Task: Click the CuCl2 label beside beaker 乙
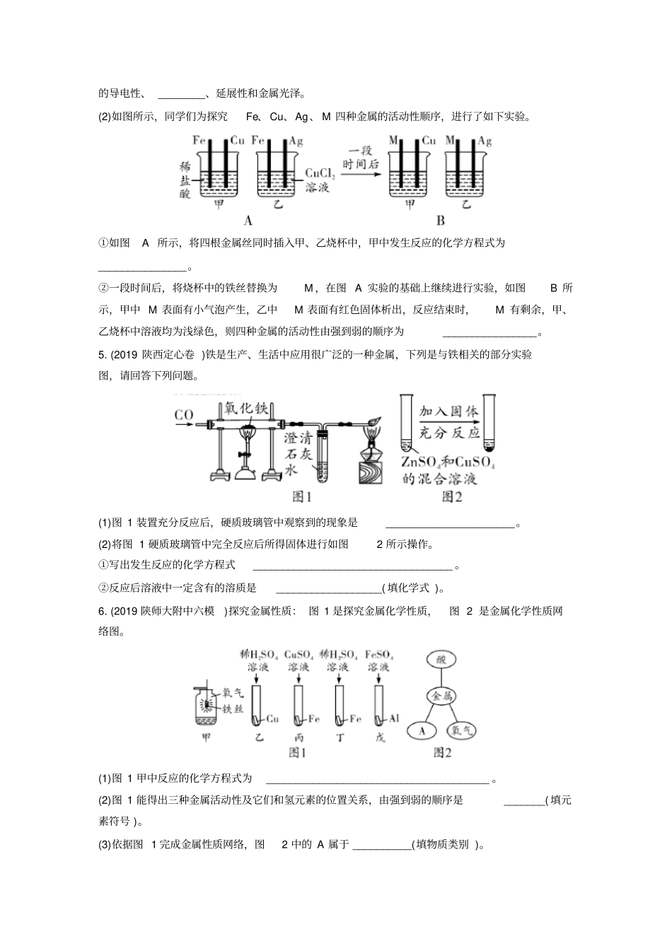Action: [x=319, y=173]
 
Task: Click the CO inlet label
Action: [x=183, y=415]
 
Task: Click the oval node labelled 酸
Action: [x=442, y=659]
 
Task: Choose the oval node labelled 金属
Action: [x=442, y=696]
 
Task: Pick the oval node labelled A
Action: [x=422, y=731]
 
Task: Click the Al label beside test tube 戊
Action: [x=394, y=719]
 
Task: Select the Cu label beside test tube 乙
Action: [x=272, y=720]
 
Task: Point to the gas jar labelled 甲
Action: [x=206, y=709]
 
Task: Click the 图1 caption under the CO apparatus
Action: [x=302, y=497]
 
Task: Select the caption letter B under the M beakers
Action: [x=441, y=221]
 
